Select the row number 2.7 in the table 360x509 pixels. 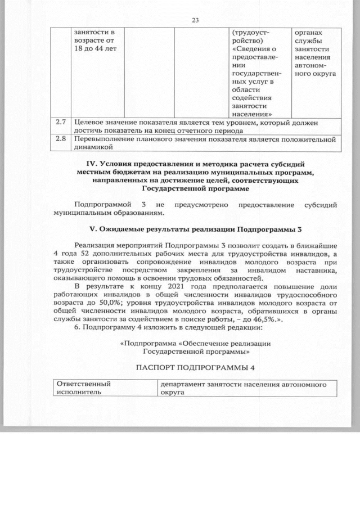coord(61,122)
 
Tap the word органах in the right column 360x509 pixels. coord(308,31)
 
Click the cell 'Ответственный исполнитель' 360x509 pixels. coord(84,388)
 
